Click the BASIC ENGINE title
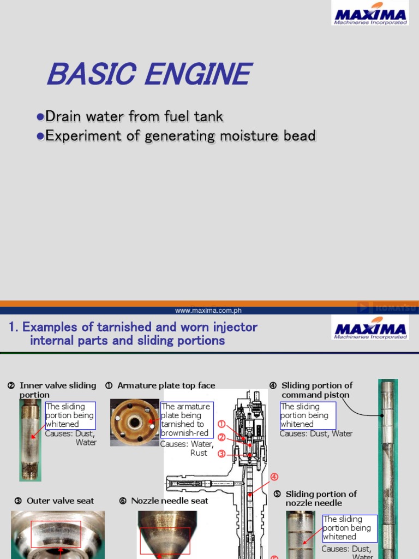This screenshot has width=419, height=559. [x=149, y=74]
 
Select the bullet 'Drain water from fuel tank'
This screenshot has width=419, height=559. [x=134, y=116]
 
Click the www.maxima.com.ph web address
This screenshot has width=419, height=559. [x=208, y=311]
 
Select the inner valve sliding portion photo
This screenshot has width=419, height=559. [x=30, y=439]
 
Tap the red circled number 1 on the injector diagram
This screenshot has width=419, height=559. [x=222, y=424]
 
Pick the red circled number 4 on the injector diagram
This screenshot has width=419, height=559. [x=274, y=477]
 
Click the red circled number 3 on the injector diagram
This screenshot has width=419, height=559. [x=222, y=454]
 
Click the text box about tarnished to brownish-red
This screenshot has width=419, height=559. [x=187, y=420]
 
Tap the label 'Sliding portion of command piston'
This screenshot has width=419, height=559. [x=316, y=390]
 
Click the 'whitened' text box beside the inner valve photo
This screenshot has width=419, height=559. [x=70, y=415]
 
